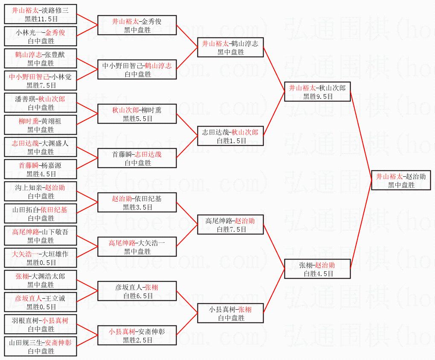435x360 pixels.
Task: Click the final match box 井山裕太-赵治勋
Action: click(401, 180)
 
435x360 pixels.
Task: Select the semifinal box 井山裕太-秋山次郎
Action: click(317, 92)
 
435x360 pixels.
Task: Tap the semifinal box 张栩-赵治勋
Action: click(317, 269)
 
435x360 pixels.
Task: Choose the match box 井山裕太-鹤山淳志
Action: click(230, 47)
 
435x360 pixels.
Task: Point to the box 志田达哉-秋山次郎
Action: click(230, 136)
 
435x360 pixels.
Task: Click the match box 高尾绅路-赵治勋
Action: click(230, 225)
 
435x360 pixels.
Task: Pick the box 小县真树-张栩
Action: click(230, 313)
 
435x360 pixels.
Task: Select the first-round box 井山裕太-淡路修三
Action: click(41, 14)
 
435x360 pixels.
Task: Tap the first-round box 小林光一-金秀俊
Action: click(41, 36)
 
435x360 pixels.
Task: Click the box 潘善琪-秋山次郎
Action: click(41, 103)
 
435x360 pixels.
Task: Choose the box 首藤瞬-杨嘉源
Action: click(41, 169)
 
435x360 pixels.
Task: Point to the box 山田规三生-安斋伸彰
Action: click(41, 346)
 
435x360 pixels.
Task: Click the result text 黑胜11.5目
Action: click(41, 19)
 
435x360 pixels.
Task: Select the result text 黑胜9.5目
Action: click(317, 96)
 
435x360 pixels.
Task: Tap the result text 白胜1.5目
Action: click(230, 141)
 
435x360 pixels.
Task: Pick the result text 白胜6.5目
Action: click(137, 296)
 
